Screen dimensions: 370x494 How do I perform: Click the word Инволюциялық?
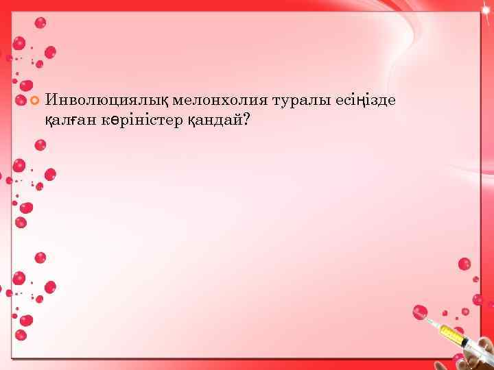pyautogui.click(x=107, y=101)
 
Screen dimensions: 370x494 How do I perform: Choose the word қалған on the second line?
pyautogui.click(x=71, y=120)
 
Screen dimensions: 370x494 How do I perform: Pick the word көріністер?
pyautogui.click(x=143, y=120)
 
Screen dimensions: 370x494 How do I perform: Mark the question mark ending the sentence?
pyautogui.click(x=246, y=120)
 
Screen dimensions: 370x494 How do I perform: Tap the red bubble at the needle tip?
pyautogui.click(x=419, y=312)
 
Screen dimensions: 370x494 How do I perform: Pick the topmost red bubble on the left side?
pyautogui.click(x=40, y=23)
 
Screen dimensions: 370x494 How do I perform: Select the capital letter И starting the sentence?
pyautogui.click(x=51, y=101)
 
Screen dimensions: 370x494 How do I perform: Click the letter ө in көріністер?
pyautogui.click(x=120, y=121)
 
